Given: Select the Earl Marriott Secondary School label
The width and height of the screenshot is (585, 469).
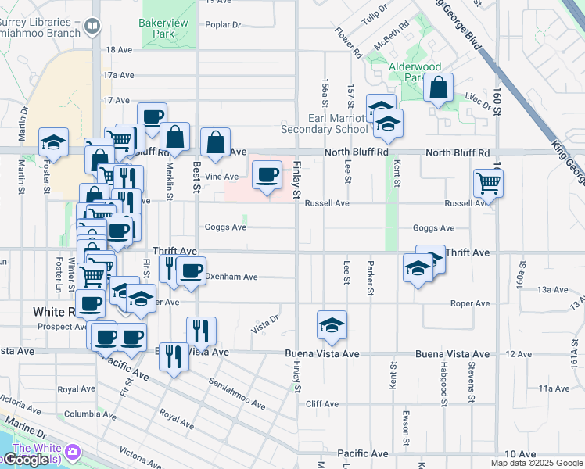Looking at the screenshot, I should [327, 124].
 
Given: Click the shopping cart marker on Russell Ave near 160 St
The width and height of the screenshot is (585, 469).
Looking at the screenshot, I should [488, 184].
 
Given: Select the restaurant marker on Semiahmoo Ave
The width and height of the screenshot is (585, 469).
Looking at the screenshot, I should [174, 356].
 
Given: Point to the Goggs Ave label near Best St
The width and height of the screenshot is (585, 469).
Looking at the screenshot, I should [225, 227].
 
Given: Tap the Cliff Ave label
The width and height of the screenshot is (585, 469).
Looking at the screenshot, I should [322, 404].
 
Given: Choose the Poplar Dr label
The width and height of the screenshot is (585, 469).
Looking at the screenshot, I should [222, 25].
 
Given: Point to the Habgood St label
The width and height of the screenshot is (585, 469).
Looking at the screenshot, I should [443, 385].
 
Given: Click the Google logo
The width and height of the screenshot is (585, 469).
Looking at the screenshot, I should [26, 460].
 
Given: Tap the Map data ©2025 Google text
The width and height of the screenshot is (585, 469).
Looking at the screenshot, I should [537, 463].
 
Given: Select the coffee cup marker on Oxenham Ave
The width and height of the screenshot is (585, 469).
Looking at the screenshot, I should [191, 270].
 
